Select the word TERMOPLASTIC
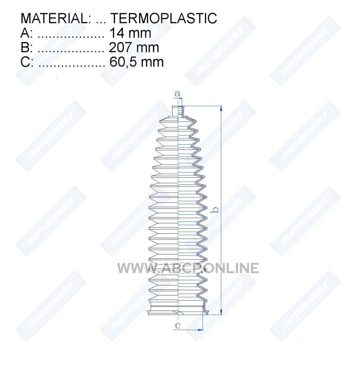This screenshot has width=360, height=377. (x=164, y=18)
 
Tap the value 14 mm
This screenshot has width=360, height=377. (x=130, y=33)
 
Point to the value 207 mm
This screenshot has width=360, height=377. (x=134, y=48)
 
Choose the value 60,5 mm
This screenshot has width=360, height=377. (x=136, y=62)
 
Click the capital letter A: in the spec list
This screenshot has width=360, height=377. (x=26, y=33)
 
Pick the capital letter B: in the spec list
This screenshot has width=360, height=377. (x=26, y=48)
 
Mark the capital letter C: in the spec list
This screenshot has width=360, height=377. (x=27, y=62)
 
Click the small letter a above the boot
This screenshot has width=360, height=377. (x=177, y=93)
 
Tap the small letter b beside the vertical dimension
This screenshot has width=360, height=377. (x=216, y=210)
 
